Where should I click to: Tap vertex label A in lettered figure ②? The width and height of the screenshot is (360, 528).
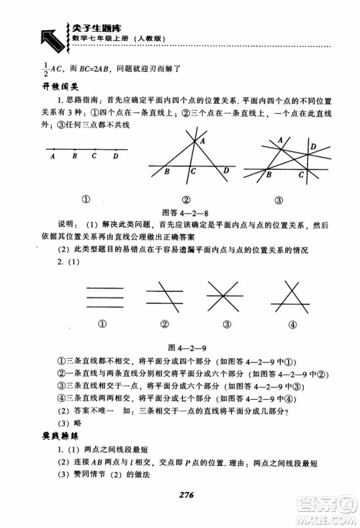point(202,143)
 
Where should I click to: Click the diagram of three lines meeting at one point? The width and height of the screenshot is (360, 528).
point(227,296)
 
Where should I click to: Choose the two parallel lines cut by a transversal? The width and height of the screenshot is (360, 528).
point(163,296)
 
